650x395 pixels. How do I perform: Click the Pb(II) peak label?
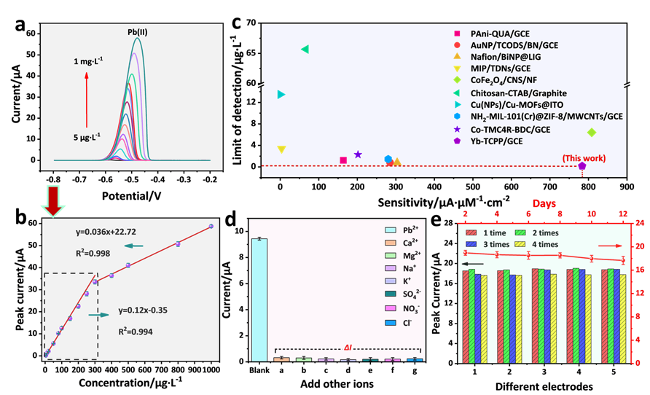click(132, 31)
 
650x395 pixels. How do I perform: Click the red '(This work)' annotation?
click(583, 158)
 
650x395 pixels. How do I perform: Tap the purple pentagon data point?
click(582, 166)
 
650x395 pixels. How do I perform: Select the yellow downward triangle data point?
click(281, 149)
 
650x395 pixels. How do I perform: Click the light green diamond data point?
click(591, 132)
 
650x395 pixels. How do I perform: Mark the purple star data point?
click(358, 155)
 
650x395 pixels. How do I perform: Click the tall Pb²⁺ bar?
click(259, 299)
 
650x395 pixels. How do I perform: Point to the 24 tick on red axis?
click(639, 222)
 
